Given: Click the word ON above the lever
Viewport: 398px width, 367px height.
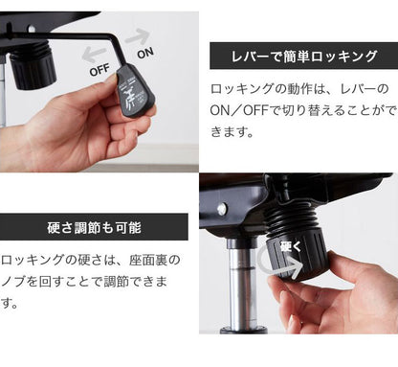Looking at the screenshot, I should [146, 54].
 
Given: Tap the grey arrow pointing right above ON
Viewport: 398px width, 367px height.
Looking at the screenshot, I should [138, 37].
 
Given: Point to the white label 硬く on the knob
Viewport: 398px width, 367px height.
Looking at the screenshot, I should [289, 246].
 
